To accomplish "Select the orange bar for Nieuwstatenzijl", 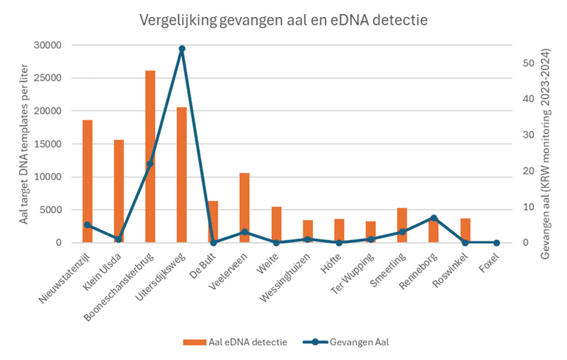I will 88,181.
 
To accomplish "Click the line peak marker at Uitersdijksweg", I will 182,49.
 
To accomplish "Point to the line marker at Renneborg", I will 434,218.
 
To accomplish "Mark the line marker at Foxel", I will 496,242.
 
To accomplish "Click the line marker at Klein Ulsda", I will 119,239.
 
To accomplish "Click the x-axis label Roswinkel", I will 451,269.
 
